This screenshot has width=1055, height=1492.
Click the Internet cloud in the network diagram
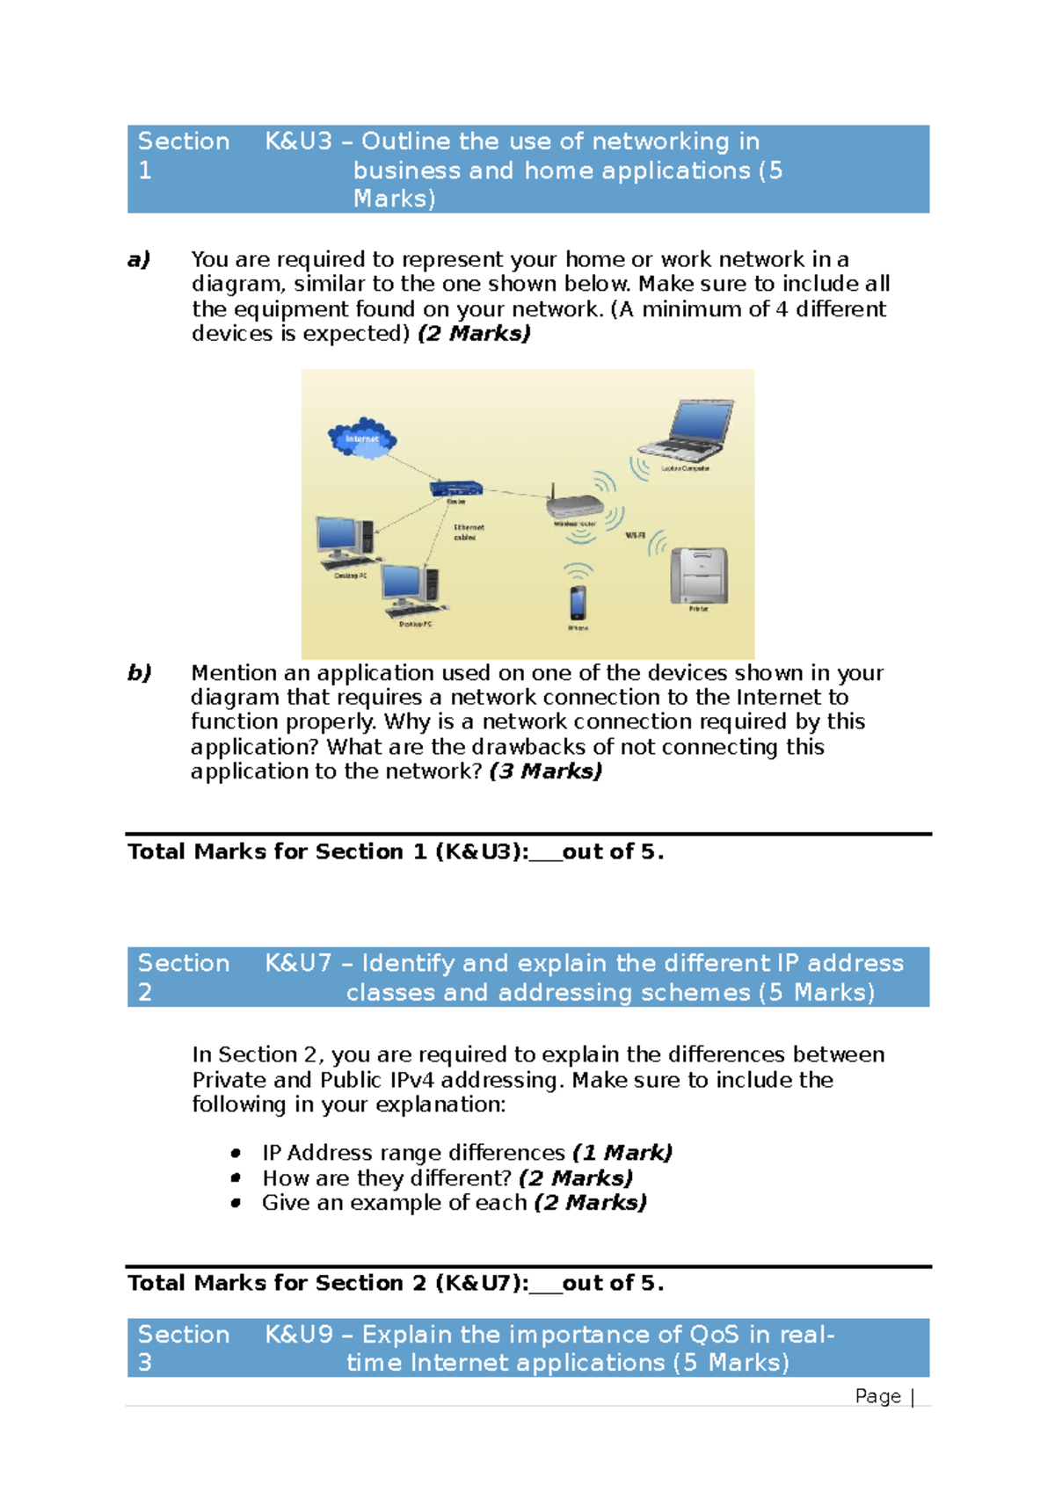point(362,438)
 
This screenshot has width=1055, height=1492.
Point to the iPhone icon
point(578,602)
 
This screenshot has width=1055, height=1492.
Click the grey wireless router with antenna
point(574,504)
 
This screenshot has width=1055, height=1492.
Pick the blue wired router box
point(456,489)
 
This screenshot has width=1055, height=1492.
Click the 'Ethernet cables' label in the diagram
point(468,532)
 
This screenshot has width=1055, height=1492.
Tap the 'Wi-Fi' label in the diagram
point(635,535)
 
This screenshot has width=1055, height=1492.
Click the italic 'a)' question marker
point(139,259)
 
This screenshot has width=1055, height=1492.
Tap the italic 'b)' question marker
point(139,673)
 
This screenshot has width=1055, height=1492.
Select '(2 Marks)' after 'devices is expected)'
point(474,334)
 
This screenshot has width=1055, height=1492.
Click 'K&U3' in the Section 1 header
point(299,141)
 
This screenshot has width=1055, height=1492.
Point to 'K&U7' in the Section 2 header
point(299,963)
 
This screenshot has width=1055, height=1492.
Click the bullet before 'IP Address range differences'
point(236,1153)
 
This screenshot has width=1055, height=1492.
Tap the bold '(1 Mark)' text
point(622,1153)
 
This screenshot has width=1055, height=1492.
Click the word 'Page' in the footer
point(877,1396)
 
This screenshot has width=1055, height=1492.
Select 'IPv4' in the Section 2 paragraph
point(411,1080)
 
